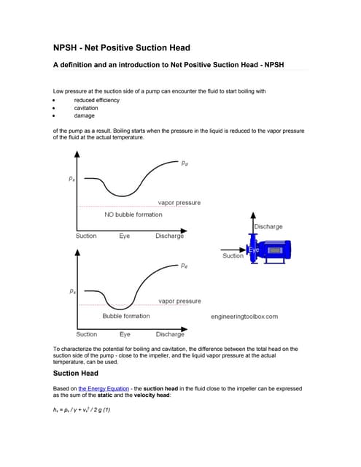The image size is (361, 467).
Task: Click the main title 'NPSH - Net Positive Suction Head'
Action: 122,48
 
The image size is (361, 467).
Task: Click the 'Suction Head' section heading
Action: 76,373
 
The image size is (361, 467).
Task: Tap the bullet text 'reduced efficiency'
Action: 97,100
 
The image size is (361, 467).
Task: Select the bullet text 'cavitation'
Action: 86,108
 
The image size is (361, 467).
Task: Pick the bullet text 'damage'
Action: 84,115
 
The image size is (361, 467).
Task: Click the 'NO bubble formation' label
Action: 133,215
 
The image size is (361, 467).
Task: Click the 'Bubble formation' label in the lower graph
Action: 126,316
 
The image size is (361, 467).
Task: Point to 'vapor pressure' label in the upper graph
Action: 179,202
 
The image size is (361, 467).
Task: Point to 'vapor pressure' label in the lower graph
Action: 179,301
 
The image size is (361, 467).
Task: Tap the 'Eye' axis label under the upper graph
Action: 125,236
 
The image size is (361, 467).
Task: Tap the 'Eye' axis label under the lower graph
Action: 125,334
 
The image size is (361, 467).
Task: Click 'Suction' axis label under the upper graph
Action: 86,236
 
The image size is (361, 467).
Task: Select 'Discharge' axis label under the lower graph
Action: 170,334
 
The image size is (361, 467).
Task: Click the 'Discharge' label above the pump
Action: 268,227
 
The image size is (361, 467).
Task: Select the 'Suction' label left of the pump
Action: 233,256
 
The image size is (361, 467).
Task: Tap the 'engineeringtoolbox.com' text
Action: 244,317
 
